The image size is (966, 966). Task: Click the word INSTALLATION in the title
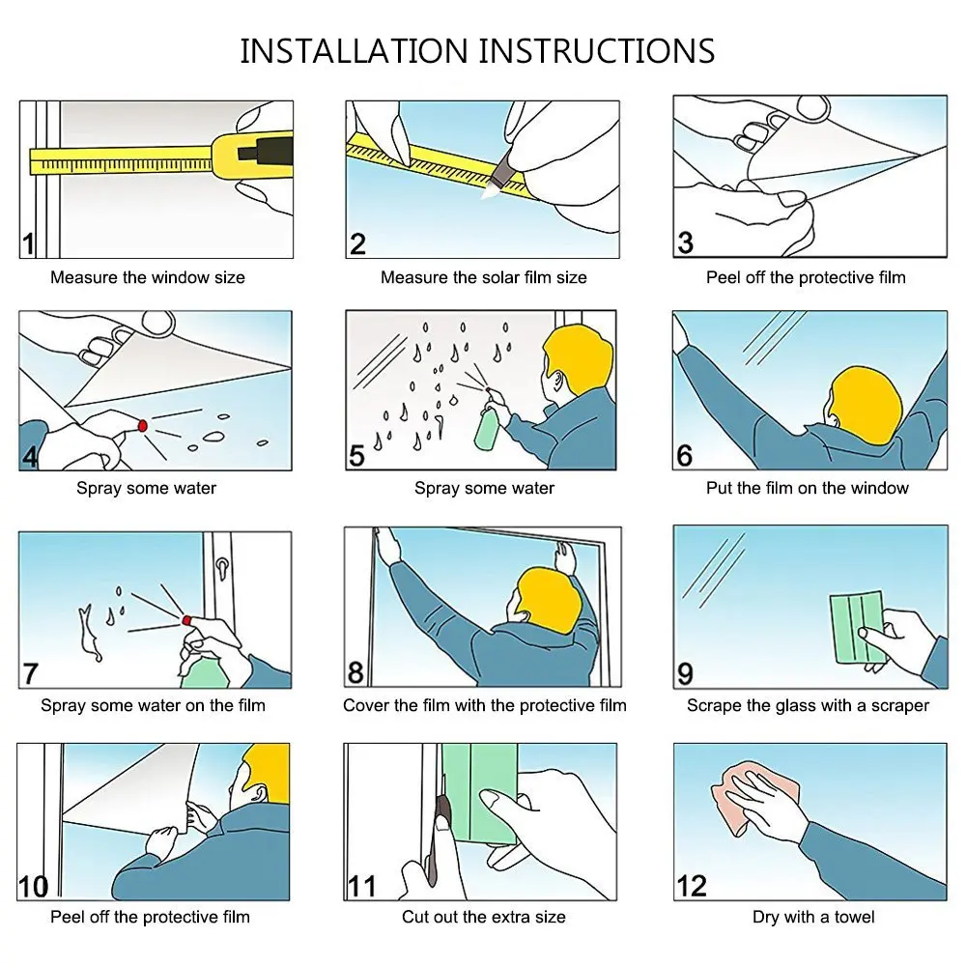click(x=354, y=51)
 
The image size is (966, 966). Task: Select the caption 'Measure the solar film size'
click(x=484, y=277)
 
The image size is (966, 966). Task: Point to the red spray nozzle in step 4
click(x=143, y=426)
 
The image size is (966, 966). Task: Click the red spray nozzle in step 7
click(x=186, y=620)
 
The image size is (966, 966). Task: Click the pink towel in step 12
click(x=754, y=795)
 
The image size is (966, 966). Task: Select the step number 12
click(x=692, y=886)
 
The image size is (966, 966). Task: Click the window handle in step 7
click(x=221, y=567)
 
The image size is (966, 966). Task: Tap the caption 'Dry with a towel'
click(x=813, y=917)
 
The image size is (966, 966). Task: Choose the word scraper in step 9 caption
click(x=900, y=705)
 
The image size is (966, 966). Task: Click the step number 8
click(x=355, y=672)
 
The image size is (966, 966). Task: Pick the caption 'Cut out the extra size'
click(x=484, y=917)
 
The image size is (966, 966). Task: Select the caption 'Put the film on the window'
click(x=807, y=488)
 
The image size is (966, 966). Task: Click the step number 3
click(x=685, y=242)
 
